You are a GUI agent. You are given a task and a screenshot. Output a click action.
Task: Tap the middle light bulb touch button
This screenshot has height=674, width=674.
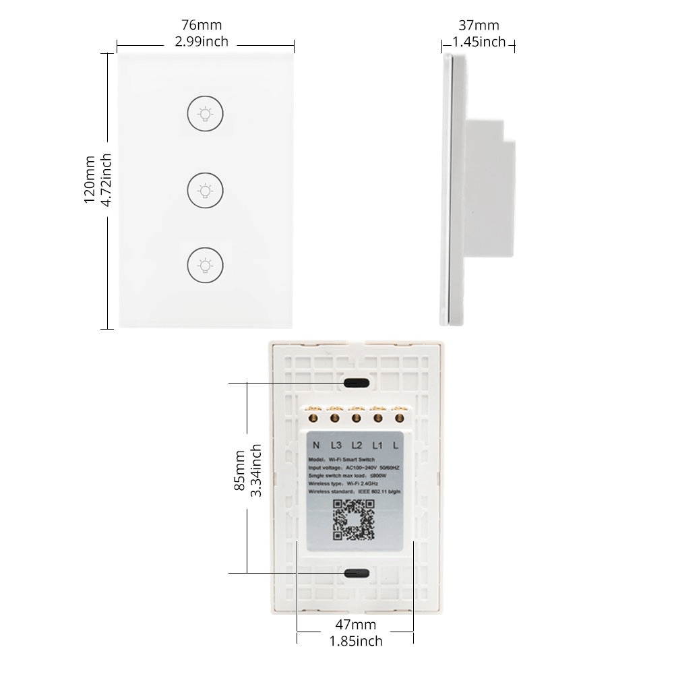tap(206, 191)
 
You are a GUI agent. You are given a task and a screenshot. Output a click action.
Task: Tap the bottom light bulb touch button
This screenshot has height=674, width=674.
tap(206, 265)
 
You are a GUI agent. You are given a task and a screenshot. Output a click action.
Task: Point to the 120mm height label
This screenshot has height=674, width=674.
tap(90, 180)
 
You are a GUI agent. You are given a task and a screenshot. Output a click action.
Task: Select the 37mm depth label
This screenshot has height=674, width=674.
tap(479, 26)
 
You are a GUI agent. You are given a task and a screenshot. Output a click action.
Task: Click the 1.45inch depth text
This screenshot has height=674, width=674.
tap(479, 42)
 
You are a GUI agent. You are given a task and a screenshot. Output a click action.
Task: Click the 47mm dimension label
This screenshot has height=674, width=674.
tap(356, 625)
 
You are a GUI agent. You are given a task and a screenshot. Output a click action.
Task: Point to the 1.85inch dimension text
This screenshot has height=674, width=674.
tap(356, 641)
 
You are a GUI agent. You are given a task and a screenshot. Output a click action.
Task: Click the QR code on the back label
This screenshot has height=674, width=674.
tap(354, 520)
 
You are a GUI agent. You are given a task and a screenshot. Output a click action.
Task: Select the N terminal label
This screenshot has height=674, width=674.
tap(316, 445)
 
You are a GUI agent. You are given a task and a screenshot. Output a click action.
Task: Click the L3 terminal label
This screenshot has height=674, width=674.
tap(336, 445)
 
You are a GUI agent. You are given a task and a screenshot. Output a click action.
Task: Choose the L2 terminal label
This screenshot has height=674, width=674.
tap(357, 445)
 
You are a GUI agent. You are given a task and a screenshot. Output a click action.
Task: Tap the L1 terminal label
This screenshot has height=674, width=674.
tap(377, 445)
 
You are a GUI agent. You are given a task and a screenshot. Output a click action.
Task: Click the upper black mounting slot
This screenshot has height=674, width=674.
tap(356, 383)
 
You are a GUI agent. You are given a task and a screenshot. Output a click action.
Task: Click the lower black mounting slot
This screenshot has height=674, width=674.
tap(356, 573)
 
